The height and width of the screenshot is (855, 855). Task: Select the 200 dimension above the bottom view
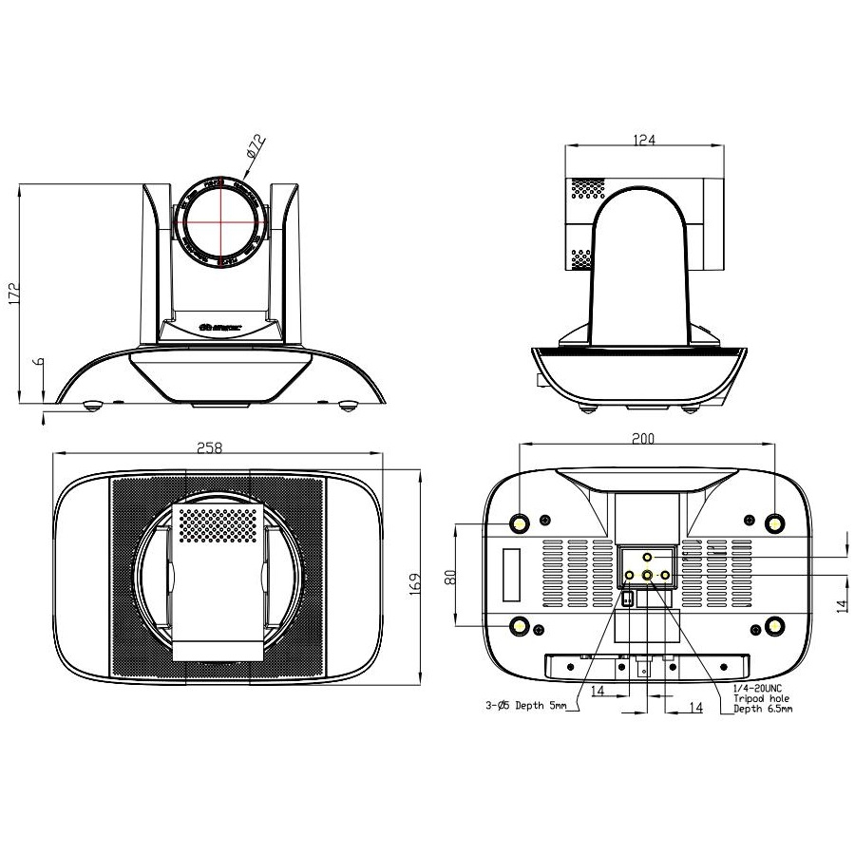(x=643, y=439)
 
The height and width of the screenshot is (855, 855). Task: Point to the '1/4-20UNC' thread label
(x=757, y=688)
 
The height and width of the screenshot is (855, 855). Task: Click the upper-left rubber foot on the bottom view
(x=521, y=523)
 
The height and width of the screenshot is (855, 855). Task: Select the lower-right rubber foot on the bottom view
(x=774, y=625)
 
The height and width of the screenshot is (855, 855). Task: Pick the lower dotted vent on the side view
(x=580, y=257)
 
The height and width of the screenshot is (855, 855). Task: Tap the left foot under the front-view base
(x=93, y=406)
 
